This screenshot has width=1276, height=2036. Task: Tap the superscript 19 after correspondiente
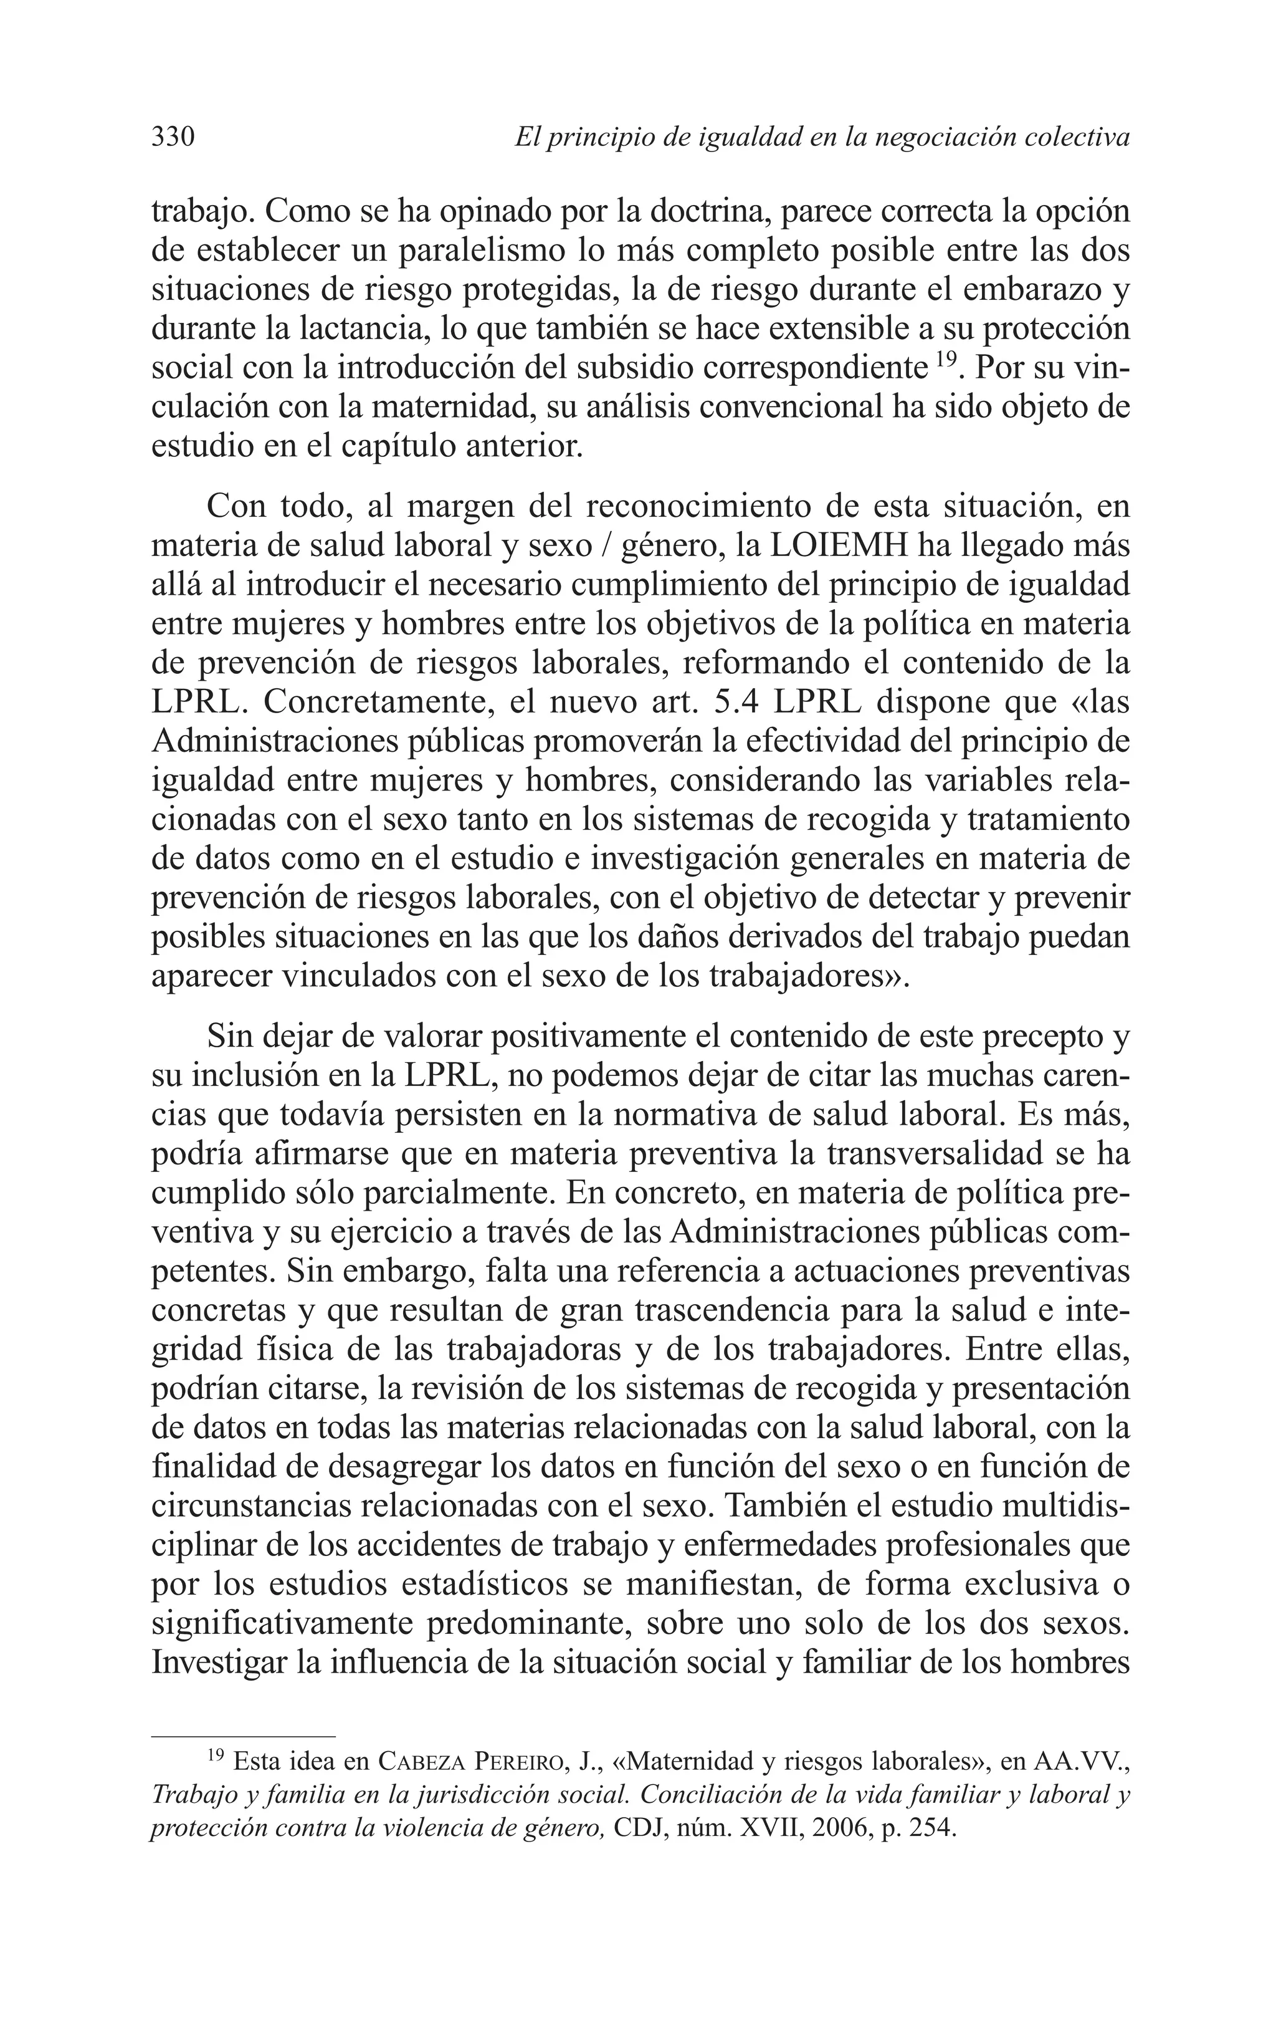[946, 358]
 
